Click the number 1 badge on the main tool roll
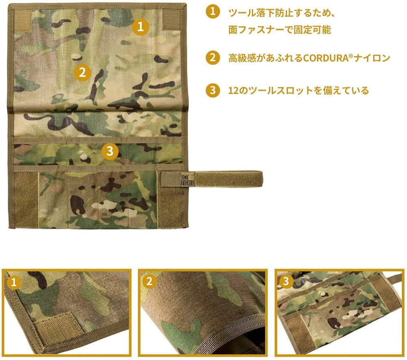pyautogui.click(x=140, y=27)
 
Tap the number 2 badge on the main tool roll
pyautogui.click(x=83, y=72)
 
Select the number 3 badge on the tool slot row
pyautogui.click(x=110, y=151)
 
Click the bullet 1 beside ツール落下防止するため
pyautogui.click(x=213, y=11)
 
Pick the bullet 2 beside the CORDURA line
pyautogui.click(x=213, y=57)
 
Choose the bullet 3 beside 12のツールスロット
pyautogui.click(x=213, y=90)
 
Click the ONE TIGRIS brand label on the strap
pyautogui.click(x=188, y=180)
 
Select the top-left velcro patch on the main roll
pyautogui.click(x=22, y=20)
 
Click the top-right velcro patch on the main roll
pyautogui.click(x=171, y=20)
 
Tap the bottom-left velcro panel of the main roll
pyautogui.click(x=26, y=200)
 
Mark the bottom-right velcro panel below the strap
pyautogui.click(x=170, y=207)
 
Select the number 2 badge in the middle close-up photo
pyautogui.click(x=149, y=281)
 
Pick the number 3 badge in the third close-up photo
pyautogui.click(x=286, y=281)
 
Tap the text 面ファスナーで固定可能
pyautogui.click(x=280, y=30)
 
